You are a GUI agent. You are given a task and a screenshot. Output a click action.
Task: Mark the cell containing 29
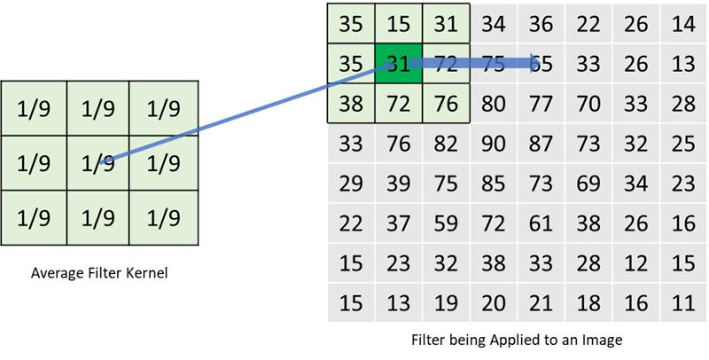coord(350,184)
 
